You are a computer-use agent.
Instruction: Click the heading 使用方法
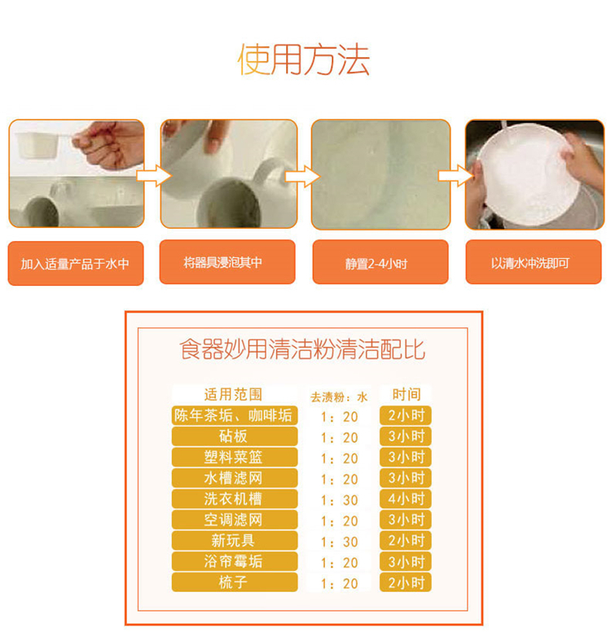pos(303,59)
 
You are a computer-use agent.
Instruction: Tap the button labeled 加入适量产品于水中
pos(76,264)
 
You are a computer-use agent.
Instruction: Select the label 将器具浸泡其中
pos(227,262)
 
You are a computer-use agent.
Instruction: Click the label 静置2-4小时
pos(380,262)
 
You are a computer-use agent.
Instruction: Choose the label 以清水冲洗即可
pos(533,262)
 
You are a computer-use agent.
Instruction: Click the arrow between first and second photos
pos(154,176)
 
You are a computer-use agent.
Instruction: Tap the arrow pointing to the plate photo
pos(455,176)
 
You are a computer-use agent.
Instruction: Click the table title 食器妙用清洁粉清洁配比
pos(302,349)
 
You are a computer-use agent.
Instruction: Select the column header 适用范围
pos(234,394)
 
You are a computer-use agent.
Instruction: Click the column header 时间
pos(407,394)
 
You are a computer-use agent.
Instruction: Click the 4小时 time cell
pos(406,499)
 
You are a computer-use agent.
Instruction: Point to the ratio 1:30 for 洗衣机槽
pos(339,500)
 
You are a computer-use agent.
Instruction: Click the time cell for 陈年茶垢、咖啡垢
pos(406,415)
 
